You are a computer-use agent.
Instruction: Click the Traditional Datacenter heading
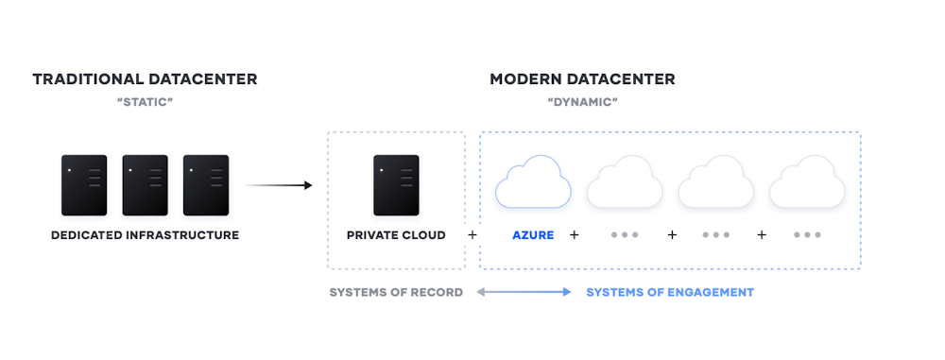pos(145,79)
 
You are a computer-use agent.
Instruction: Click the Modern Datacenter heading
pos(582,79)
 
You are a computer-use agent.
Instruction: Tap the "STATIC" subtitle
pos(145,101)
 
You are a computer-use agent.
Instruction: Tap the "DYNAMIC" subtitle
pos(582,101)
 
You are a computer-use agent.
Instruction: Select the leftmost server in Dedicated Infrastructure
pos(84,185)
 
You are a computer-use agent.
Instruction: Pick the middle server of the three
pos(145,185)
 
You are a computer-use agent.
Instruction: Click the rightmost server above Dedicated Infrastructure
pos(206,185)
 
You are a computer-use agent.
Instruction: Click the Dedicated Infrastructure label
pos(145,235)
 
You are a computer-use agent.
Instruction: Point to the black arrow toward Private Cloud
pos(279,185)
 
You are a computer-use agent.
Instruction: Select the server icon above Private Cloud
pos(396,185)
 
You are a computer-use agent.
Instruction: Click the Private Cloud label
pos(396,235)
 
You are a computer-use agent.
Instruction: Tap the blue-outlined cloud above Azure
pos(533,182)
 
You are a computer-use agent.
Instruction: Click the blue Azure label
pos(533,235)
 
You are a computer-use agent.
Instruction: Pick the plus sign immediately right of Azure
pos(574,235)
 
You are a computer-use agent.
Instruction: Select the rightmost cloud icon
pos(806,182)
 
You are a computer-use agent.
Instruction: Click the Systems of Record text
pos(396,293)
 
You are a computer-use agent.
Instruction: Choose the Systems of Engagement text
pos(670,293)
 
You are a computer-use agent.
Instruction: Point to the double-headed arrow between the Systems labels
pos(524,293)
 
